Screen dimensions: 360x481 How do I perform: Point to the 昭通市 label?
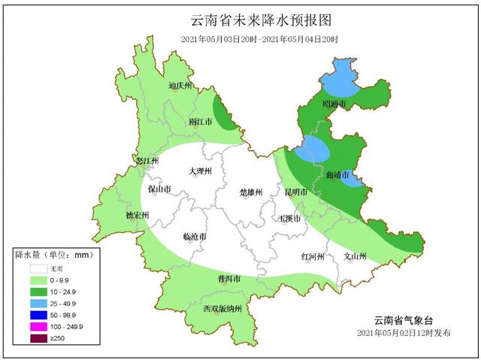tap(334, 103)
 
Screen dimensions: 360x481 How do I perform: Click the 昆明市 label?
tap(296, 192)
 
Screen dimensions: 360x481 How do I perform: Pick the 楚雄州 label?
tap(250, 192)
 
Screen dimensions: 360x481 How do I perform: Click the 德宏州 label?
tap(137, 216)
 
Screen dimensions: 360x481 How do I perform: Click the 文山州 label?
tap(354, 256)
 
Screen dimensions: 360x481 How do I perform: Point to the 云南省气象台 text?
tap(404, 319)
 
